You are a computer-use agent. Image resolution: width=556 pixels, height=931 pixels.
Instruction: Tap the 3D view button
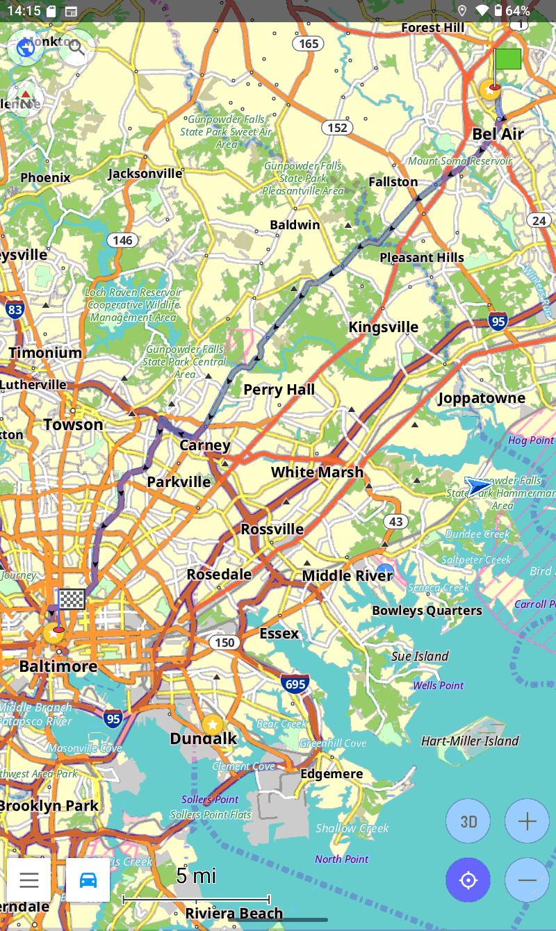point(468,821)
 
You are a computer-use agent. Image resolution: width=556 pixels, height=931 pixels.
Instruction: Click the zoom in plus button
point(527,821)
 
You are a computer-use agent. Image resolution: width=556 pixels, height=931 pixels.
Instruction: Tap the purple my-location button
point(468,880)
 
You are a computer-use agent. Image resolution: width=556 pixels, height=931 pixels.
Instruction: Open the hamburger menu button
point(29,880)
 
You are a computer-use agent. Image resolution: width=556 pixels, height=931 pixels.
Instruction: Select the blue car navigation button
point(88,880)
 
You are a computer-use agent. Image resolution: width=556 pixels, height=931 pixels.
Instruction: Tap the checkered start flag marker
point(72,599)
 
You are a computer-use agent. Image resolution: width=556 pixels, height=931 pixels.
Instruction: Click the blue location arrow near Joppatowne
point(478,486)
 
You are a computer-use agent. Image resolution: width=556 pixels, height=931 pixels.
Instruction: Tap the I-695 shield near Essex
point(295,684)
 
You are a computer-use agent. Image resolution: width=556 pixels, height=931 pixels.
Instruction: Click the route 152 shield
point(337,128)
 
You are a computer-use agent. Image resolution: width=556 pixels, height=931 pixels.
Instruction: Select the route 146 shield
point(122,240)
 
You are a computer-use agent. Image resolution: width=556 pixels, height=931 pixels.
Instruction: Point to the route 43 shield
point(395,522)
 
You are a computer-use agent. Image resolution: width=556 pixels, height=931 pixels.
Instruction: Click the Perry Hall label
point(279,390)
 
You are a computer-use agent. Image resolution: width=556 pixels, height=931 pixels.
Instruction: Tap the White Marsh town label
point(317,472)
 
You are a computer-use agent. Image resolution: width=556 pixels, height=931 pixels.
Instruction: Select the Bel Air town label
point(498,134)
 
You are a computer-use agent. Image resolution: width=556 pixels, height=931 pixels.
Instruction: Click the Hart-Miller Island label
point(470,741)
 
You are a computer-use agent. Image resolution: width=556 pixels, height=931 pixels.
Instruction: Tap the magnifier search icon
point(76,47)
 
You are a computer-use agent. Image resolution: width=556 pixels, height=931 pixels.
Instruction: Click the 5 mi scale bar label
point(196,875)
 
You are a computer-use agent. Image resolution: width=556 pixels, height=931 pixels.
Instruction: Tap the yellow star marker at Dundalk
point(212,725)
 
